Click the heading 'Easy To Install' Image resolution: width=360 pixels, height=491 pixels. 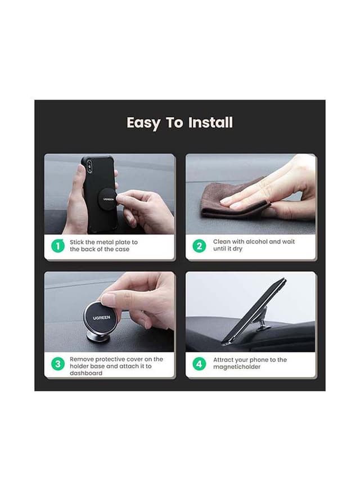[x=179, y=123]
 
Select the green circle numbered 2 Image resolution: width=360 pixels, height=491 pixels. [x=200, y=246]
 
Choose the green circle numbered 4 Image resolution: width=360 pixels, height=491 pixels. [x=200, y=364]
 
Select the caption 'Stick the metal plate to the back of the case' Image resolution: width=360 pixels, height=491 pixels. [x=103, y=246]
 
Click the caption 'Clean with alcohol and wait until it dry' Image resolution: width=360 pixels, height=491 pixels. [x=253, y=245]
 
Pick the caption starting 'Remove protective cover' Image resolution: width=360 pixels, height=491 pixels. [x=116, y=366]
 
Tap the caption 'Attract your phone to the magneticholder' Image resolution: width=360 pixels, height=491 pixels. [x=249, y=363]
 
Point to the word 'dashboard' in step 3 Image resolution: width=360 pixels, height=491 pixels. [x=86, y=373]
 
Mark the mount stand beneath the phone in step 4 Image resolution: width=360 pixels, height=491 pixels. [x=263, y=326]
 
